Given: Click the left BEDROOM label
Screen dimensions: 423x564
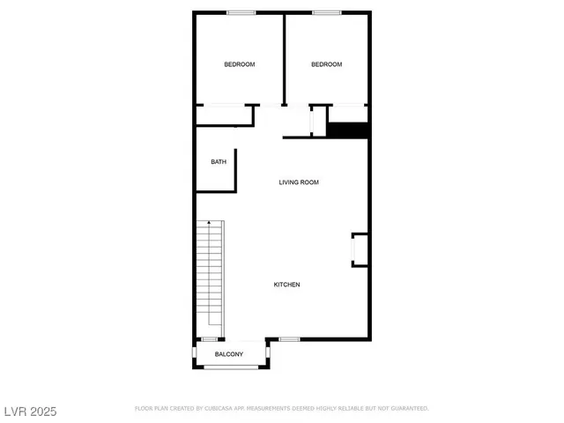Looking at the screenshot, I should [239, 64].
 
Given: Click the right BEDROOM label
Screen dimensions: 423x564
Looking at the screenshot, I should [326, 64].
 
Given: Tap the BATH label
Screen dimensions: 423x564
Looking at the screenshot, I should [219, 162].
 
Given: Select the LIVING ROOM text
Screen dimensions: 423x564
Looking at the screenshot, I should [299, 182].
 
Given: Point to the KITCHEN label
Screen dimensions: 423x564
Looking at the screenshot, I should [287, 285].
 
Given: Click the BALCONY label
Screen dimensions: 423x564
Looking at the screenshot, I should [229, 354].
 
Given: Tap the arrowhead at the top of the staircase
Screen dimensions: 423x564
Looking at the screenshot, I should [209, 226].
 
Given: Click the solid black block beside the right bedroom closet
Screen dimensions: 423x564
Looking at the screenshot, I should [348, 130].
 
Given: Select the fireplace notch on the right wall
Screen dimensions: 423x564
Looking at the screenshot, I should [360, 249].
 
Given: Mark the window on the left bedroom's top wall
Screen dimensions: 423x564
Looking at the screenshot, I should [241, 12].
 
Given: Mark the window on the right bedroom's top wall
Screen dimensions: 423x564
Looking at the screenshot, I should [327, 12].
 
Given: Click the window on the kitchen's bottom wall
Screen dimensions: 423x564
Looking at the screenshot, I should [290, 339].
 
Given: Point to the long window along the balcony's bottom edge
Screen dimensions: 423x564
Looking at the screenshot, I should [232, 367].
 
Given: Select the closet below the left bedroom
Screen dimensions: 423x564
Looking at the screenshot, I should [225, 115].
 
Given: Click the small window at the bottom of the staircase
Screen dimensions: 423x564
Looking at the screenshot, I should [210, 339].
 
